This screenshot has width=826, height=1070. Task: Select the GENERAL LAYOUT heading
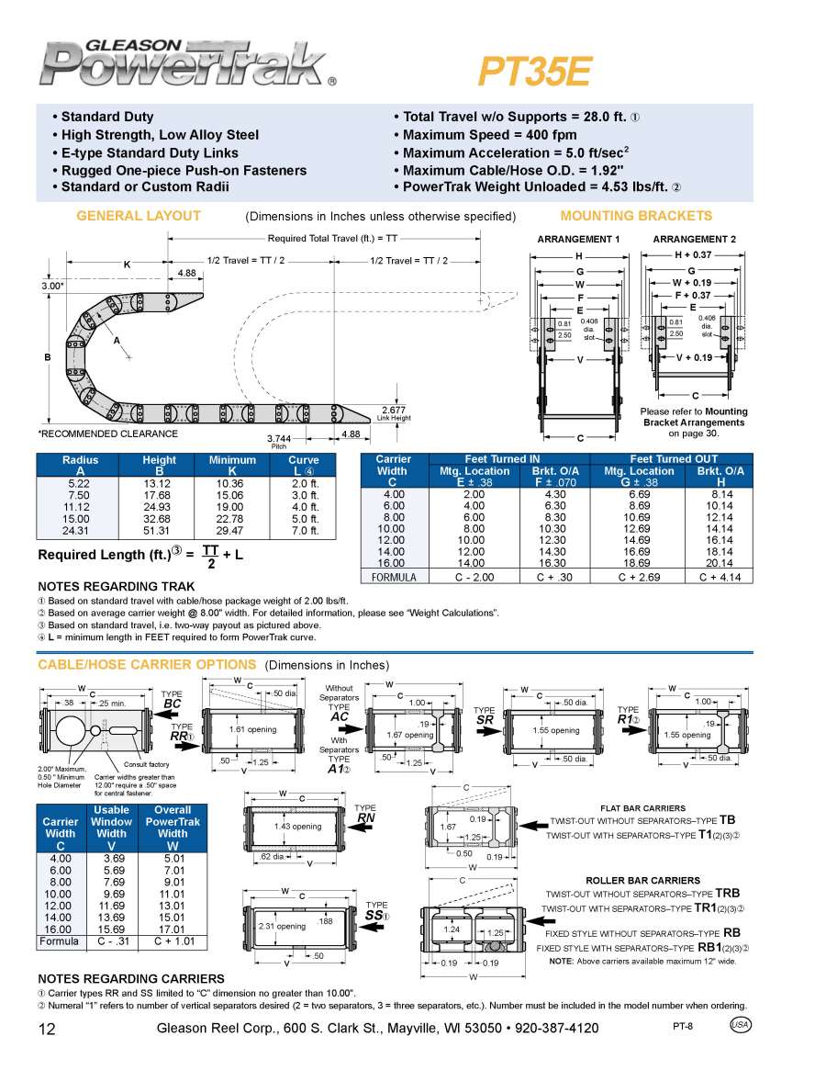coord(139,216)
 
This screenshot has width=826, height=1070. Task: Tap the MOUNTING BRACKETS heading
coord(635,216)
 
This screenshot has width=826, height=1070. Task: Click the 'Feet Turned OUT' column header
coord(674,459)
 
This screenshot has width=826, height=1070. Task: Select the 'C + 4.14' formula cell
coord(720,577)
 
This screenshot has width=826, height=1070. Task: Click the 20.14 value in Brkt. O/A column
coord(720,563)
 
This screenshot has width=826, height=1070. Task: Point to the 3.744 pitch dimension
coord(279,438)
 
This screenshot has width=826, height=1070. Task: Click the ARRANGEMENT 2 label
coord(694,239)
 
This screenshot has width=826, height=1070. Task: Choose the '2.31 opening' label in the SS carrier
coord(282,926)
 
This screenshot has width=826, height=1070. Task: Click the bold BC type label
coord(172,704)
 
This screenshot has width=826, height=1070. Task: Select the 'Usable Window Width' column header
coord(112,821)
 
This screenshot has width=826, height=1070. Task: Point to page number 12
coord(48,1029)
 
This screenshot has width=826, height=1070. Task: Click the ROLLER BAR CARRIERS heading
coord(642,880)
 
